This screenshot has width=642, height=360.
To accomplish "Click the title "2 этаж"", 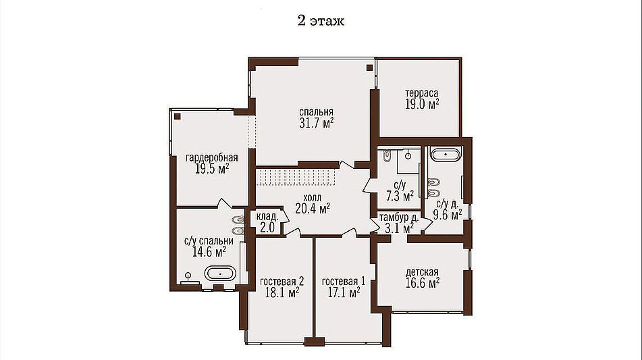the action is coord(321,20).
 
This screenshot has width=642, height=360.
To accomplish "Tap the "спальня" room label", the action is coord(316,112).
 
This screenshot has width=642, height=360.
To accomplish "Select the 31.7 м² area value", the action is coord(316,123).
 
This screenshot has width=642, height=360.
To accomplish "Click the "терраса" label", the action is coord(422,93).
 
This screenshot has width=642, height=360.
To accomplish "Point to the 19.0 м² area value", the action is coord(422,104).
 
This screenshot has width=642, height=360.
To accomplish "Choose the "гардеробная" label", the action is coord(212,157).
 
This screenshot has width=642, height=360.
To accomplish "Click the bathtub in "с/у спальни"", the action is coord(220,273).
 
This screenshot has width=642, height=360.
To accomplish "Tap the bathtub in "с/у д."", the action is coord(446,155).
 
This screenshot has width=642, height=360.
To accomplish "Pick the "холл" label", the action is coord(313,198).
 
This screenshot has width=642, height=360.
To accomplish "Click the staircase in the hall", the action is coord(296,178).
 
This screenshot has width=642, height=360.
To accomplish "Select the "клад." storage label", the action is coord(267,217).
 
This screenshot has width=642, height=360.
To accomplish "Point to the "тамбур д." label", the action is coord(398,217).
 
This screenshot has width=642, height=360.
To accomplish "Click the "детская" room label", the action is coord(422,272).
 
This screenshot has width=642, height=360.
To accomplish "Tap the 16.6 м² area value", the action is coord(423,283).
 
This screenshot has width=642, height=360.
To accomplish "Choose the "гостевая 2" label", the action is coord(282,282).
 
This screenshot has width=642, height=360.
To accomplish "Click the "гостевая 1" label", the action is coord(344,282).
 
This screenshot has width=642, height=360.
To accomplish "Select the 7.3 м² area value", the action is coord(400,196).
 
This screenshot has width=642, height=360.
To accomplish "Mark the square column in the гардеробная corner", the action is coord(178,116).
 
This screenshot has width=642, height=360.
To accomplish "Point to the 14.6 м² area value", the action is coord(209,252).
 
